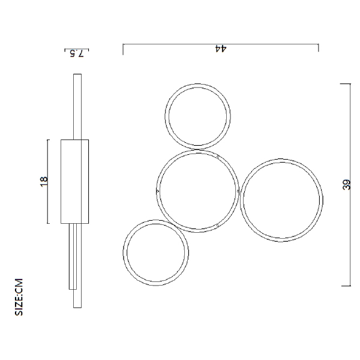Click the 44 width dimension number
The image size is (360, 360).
pyautogui.click(x=221, y=49)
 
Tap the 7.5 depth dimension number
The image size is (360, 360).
pyautogui.click(x=77, y=53)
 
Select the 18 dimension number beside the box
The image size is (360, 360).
pyautogui.click(x=44, y=182)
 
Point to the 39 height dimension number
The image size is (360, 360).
pyautogui.click(x=347, y=185)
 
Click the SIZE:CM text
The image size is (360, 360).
pyautogui.click(x=19, y=297)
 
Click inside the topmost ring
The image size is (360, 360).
pyautogui.click(x=197, y=116)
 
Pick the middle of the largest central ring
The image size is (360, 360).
pyautogui.click(x=197, y=191)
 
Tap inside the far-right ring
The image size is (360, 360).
pyautogui.click(x=281, y=200)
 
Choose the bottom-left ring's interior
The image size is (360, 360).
pyautogui.click(x=156, y=253)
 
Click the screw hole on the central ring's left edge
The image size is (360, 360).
pyautogui.click(x=158, y=191)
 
